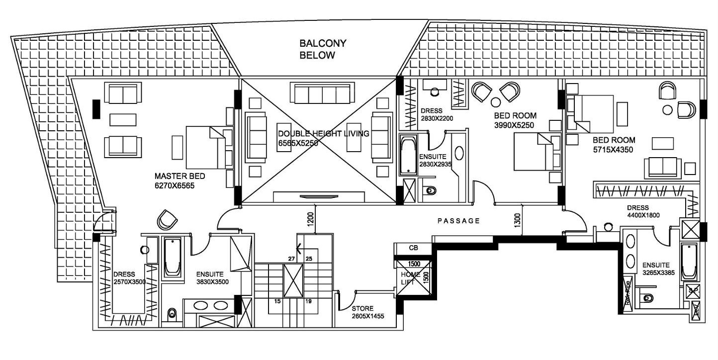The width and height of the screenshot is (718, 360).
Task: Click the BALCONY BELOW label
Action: point(323,49)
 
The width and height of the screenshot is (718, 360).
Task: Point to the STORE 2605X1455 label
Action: point(367,312)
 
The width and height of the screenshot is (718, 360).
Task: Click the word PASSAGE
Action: point(458,221)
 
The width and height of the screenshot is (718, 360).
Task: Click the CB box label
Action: point(413,248)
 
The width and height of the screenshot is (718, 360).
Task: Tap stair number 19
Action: point(308,301)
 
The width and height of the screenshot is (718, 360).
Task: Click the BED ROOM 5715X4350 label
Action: point(612,144)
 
